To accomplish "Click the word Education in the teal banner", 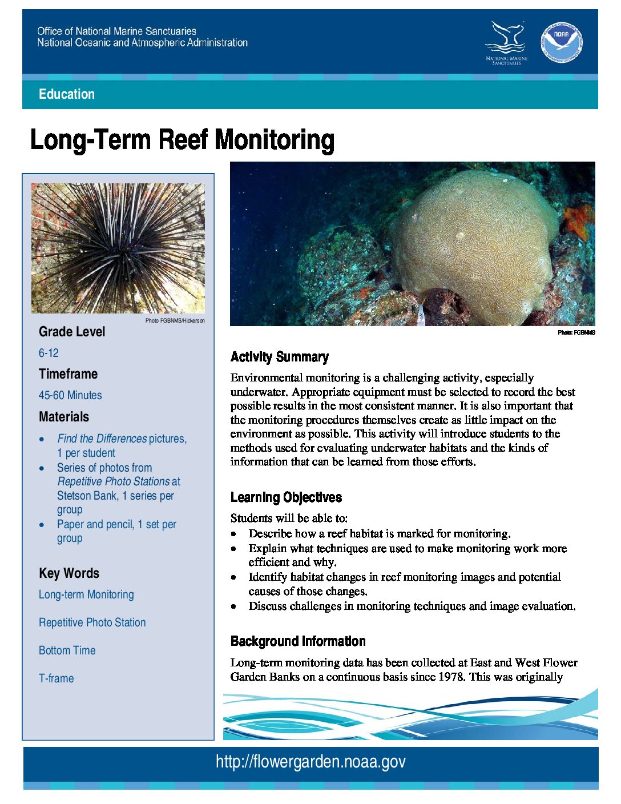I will click(67, 94).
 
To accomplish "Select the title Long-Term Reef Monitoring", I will click(182, 140).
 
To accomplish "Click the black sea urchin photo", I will click(118, 248).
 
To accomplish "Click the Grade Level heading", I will click(72, 332).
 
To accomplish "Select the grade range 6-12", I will click(49, 353).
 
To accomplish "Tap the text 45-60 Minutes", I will click(70, 395).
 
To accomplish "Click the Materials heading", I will click(64, 417).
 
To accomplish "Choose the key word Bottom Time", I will click(67, 650).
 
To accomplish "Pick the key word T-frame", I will click(57, 678).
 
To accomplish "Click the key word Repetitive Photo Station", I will click(92, 622).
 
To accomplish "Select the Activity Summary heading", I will click(280, 357).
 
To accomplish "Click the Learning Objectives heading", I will click(286, 497).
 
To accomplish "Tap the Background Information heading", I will click(298, 641).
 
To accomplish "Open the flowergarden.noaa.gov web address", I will click(310, 762).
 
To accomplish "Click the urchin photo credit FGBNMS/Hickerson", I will click(175, 321).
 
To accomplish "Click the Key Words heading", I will click(69, 573).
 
